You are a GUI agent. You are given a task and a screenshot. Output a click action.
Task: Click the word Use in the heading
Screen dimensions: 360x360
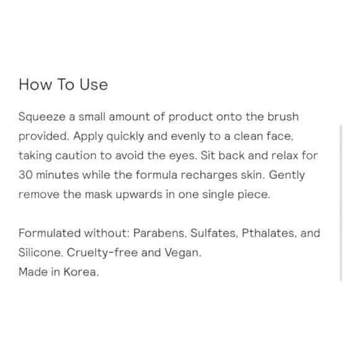click(x=94, y=84)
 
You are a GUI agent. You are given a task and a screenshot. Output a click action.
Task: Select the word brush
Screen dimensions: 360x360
click(x=283, y=117)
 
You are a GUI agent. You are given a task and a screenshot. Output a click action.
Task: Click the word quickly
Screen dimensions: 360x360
click(x=125, y=137)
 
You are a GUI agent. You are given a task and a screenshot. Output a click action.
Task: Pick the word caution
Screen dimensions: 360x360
click(x=76, y=156)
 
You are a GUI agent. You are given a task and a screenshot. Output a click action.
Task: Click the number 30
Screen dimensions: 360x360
click(x=25, y=175)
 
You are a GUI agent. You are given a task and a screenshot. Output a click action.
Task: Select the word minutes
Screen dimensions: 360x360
click(x=58, y=175)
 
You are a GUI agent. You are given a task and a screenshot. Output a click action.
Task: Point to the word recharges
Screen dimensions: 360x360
click(x=209, y=176)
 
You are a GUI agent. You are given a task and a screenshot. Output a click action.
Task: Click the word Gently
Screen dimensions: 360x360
click(x=287, y=175)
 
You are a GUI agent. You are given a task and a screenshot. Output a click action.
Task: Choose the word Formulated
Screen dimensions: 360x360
click(x=50, y=233)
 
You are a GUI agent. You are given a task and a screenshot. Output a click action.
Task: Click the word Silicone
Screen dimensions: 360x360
click(x=40, y=253)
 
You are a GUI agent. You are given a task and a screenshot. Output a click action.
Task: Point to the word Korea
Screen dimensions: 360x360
click(x=81, y=272)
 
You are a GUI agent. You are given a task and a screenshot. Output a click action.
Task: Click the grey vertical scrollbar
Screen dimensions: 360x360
click(x=341, y=203)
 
